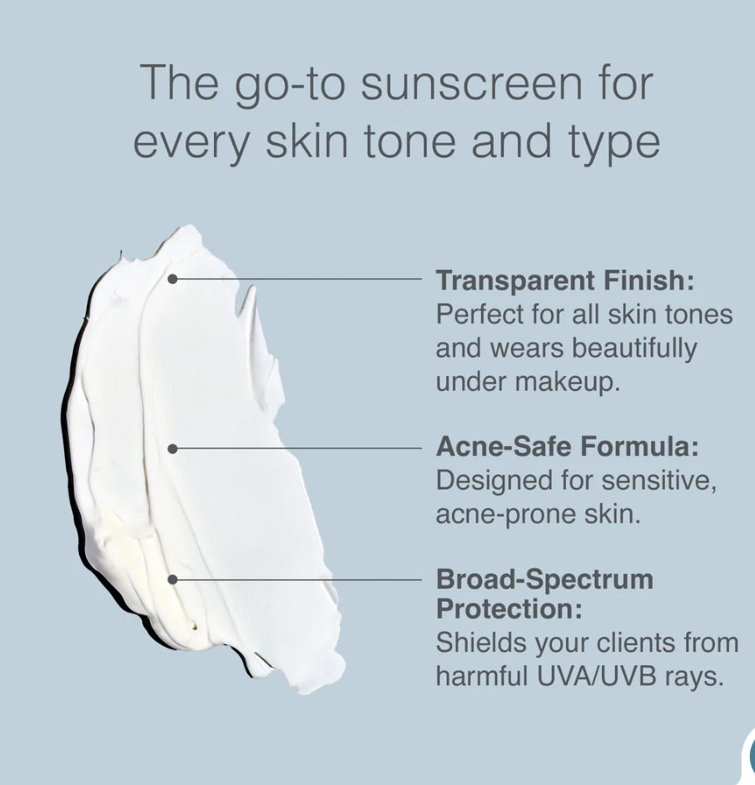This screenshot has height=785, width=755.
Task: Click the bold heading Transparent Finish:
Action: (x=564, y=281)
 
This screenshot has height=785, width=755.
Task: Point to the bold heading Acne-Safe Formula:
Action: (x=567, y=447)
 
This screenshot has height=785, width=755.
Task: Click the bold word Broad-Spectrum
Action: (x=544, y=579)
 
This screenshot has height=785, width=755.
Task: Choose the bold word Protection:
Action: (x=509, y=609)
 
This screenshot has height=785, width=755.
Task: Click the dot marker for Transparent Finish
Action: (x=172, y=280)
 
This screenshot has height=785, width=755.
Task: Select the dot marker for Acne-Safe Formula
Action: (x=172, y=449)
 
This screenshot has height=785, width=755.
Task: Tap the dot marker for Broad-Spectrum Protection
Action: (x=172, y=579)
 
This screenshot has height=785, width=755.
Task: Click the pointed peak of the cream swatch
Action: (x=249, y=290)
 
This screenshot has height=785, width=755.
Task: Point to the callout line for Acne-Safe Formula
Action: (x=300, y=449)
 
